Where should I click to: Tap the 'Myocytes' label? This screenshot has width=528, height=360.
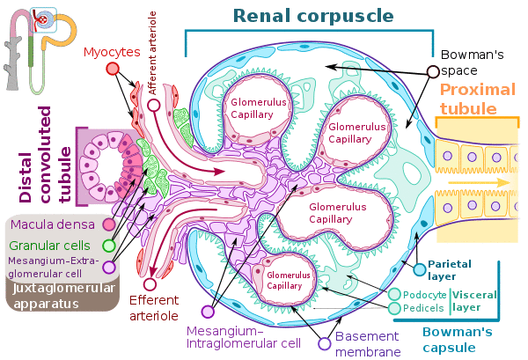(x=113, y=52)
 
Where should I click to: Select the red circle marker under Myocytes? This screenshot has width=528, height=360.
(x=113, y=69)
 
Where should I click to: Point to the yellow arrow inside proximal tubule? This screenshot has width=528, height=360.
(x=480, y=182)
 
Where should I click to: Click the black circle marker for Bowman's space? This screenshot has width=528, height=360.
(x=432, y=71)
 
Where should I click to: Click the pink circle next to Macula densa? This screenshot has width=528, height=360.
(x=109, y=225)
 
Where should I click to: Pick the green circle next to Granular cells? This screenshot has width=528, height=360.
(x=109, y=246)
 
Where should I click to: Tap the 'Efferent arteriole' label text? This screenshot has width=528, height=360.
(x=154, y=307)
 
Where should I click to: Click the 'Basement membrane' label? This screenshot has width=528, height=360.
(x=369, y=344)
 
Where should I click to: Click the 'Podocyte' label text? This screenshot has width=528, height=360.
(x=423, y=294)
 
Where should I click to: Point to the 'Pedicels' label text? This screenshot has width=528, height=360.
(x=423, y=308)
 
